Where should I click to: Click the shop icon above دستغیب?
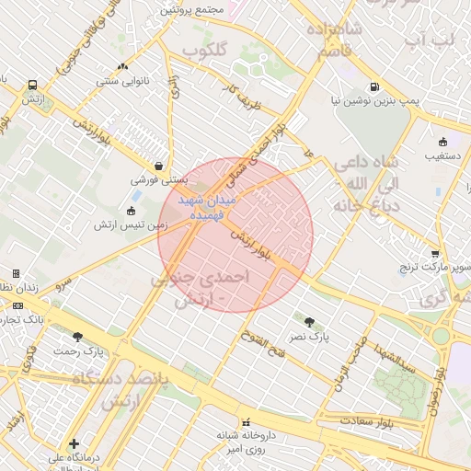click(443, 142)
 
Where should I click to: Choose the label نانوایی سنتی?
click(123, 81)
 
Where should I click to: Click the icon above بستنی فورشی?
click(160, 167)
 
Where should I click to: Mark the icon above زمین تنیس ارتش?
click(130, 212)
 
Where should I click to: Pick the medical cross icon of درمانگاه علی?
click(74, 443)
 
